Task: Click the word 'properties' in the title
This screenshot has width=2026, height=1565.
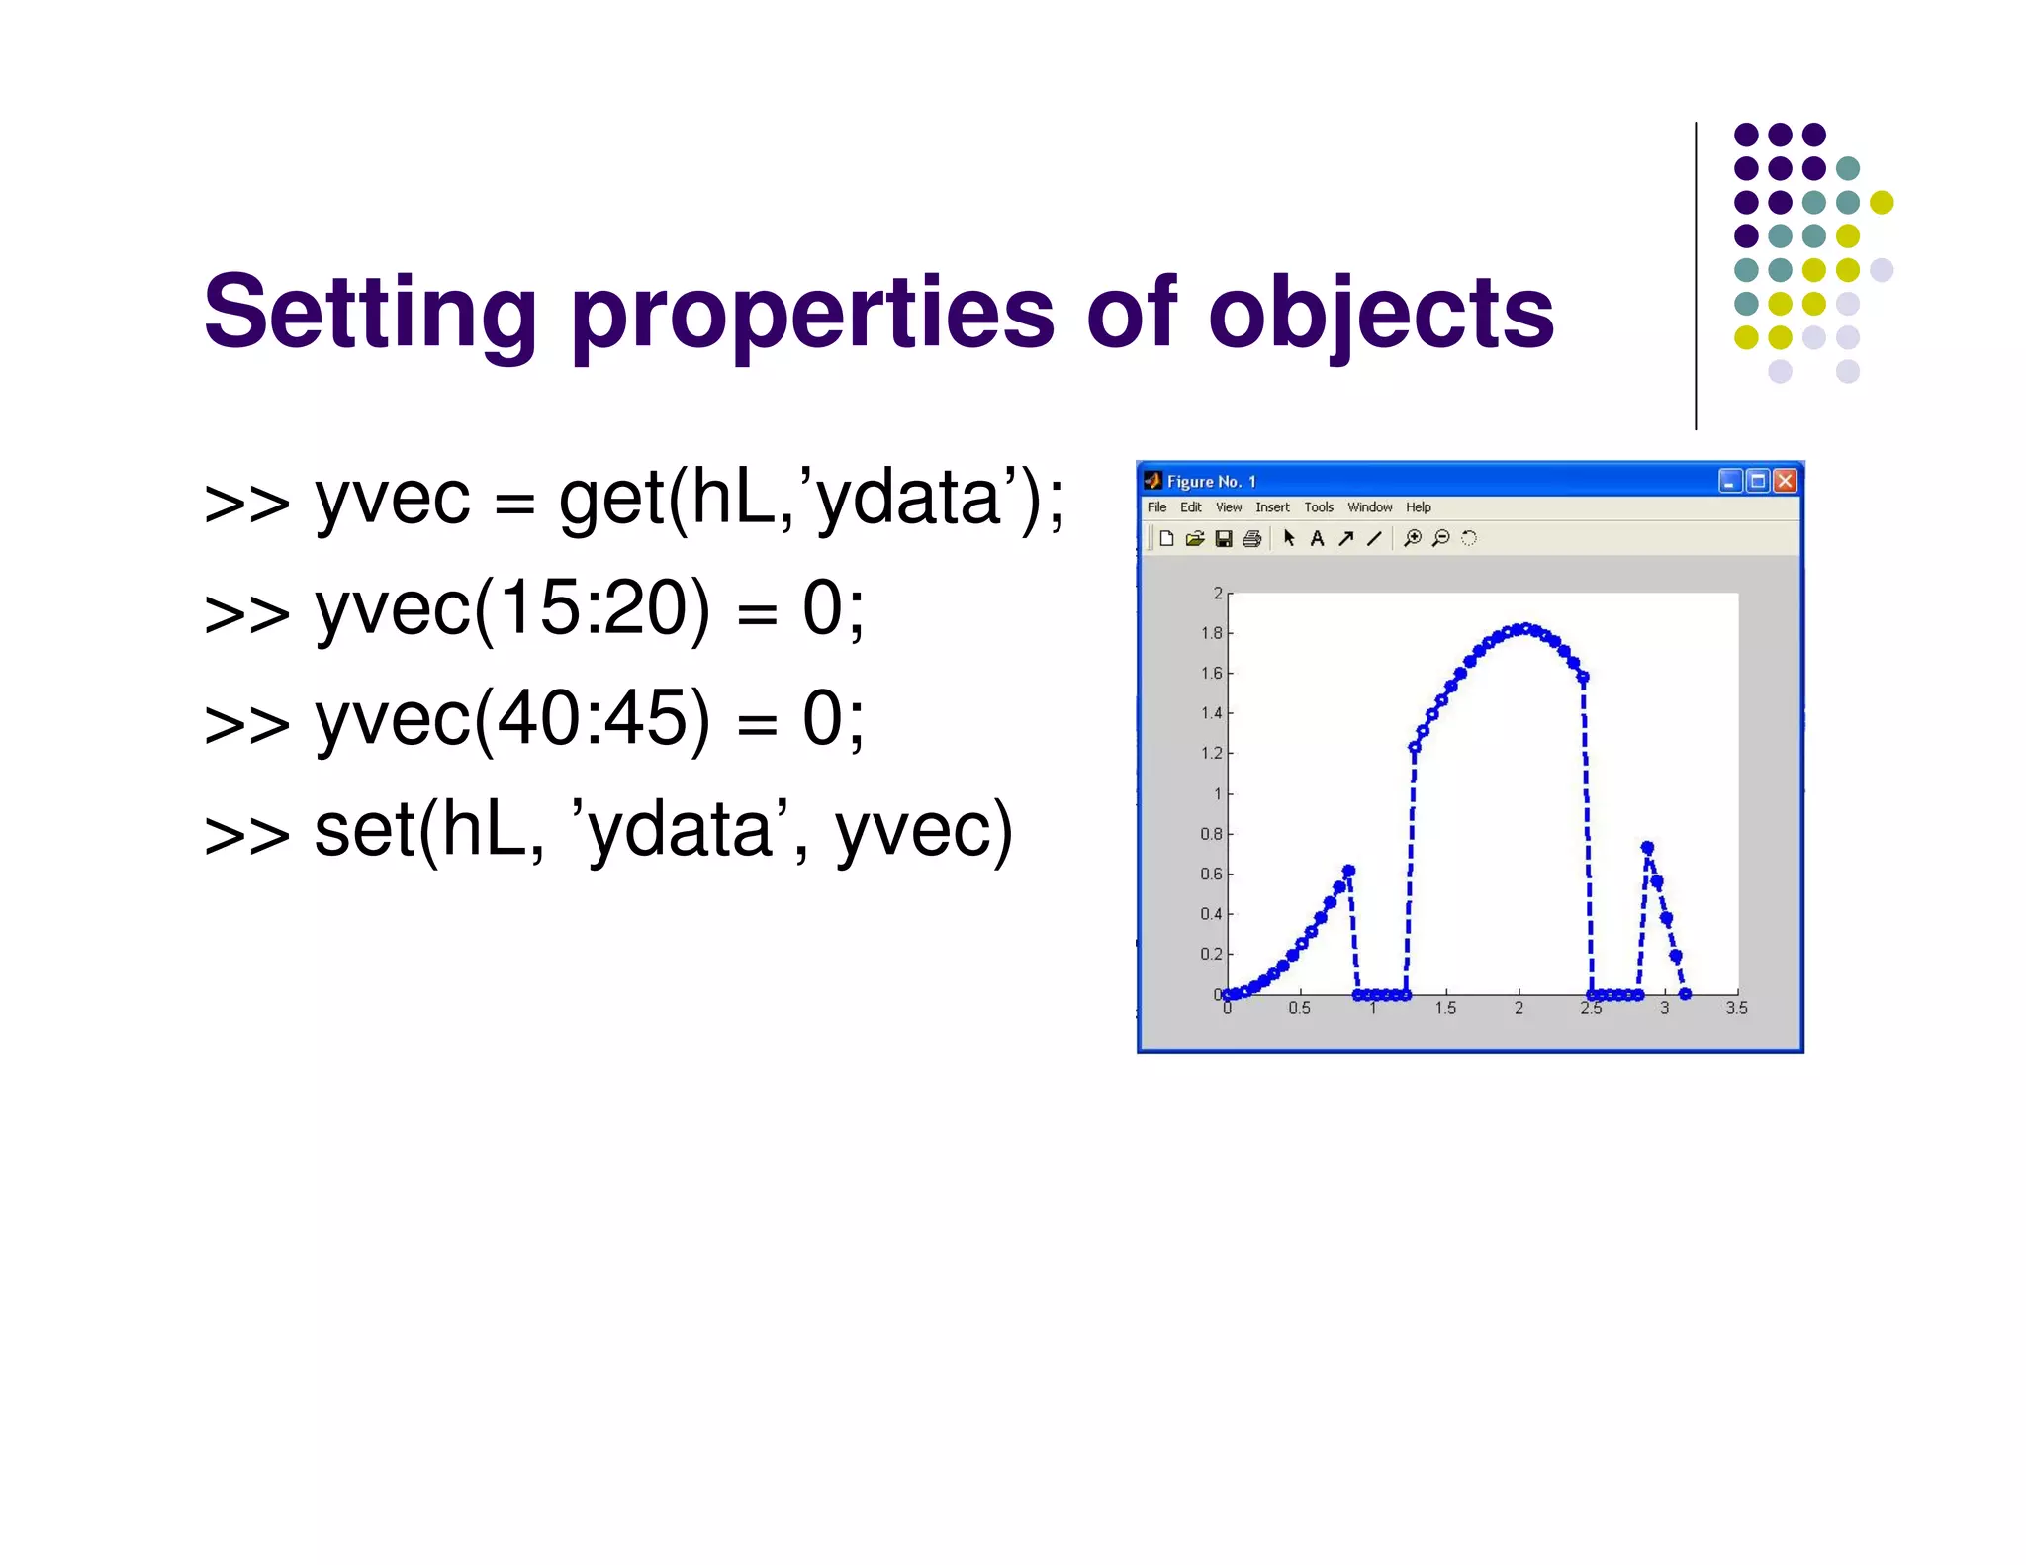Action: [x=812, y=315]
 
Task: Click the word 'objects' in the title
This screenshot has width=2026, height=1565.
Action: [x=1380, y=315]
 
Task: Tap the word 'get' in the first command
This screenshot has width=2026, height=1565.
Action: [x=610, y=500]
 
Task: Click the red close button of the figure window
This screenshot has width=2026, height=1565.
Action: [x=1785, y=481]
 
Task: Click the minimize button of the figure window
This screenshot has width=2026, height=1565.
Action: [x=1729, y=481]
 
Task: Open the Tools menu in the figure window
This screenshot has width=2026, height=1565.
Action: [x=1318, y=507]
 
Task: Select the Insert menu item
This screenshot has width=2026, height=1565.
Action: [x=1272, y=507]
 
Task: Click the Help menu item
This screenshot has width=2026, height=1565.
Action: [x=1418, y=507]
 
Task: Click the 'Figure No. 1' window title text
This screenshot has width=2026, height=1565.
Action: [x=1211, y=482]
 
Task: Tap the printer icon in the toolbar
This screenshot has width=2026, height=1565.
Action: [x=1251, y=538]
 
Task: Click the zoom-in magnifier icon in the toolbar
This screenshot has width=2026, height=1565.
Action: [x=1413, y=538]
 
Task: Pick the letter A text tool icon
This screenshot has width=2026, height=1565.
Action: [x=1317, y=538]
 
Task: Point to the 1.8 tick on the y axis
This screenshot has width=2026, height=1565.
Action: [x=1211, y=633]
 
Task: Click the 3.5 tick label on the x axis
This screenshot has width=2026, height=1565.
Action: [x=1736, y=1008]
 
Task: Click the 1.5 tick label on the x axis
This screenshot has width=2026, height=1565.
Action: [x=1445, y=1008]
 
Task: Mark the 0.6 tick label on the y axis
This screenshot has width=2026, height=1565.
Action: [x=1211, y=874]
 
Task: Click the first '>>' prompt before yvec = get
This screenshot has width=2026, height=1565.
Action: [x=246, y=503]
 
